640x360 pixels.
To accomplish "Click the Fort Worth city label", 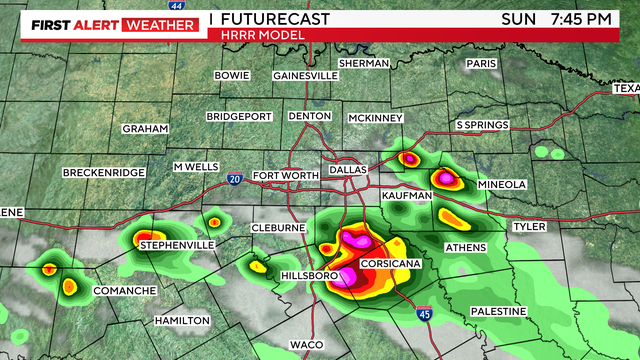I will click(286, 176).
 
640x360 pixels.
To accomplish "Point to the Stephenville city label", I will click(177, 245).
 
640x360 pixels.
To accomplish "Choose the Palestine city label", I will click(498, 312).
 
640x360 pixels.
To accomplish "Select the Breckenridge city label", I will click(105, 173).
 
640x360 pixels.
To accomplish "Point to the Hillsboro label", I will click(308, 274).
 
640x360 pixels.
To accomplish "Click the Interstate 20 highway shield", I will click(235, 178).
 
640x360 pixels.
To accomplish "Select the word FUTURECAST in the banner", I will click(266, 19).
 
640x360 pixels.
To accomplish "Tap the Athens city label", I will click(465, 247).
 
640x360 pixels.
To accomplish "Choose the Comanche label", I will click(124, 291).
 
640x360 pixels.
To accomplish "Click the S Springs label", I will click(482, 125).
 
